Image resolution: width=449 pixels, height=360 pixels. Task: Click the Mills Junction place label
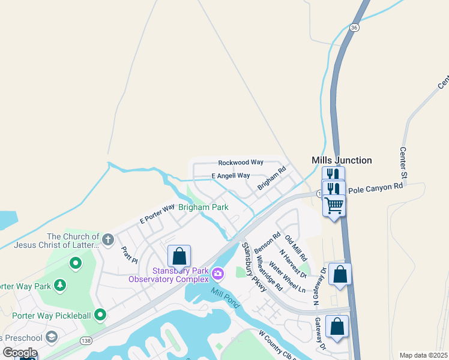[x=342, y=160]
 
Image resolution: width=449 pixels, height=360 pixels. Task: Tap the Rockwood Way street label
[x=241, y=163]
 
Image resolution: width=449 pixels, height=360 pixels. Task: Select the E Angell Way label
[x=231, y=176]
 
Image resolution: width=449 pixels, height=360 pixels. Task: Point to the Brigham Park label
[x=203, y=207]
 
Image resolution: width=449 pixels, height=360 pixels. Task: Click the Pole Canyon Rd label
[x=375, y=188]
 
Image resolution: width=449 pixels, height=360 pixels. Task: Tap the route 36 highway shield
[x=354, y=28]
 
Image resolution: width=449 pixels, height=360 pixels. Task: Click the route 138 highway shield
[x=86, y=341]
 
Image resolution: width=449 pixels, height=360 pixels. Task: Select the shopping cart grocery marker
[x=334, y=205]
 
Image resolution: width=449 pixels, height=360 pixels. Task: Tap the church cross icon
[x=108, y=240]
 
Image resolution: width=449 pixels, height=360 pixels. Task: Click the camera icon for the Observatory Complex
[x=217, y=274]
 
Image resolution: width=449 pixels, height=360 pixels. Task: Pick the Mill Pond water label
[x=225, y=298]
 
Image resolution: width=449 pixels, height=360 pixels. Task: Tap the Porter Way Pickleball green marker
[x=100, y=314]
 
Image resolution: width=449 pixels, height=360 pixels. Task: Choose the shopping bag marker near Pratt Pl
[x=179, y=256]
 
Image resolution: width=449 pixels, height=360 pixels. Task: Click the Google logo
[x=20, y=353]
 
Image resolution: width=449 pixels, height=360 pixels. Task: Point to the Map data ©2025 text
[x=423, y=355]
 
